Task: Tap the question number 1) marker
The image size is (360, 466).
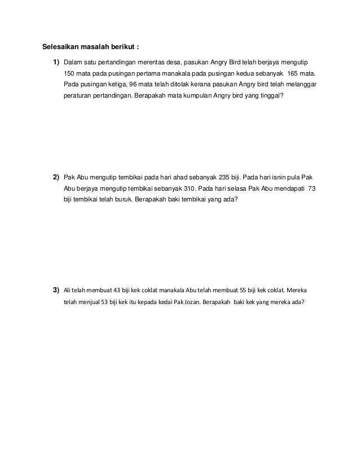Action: click(x=56, y=61)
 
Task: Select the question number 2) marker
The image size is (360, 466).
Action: click(x=56, y=178)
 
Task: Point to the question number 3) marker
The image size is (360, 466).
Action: click(x=56, y=290)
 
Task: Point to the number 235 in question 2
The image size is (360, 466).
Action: click(x=225, y=178)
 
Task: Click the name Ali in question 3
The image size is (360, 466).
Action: click(x=68, y=291)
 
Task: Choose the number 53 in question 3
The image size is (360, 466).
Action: click(x=104, y=301)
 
